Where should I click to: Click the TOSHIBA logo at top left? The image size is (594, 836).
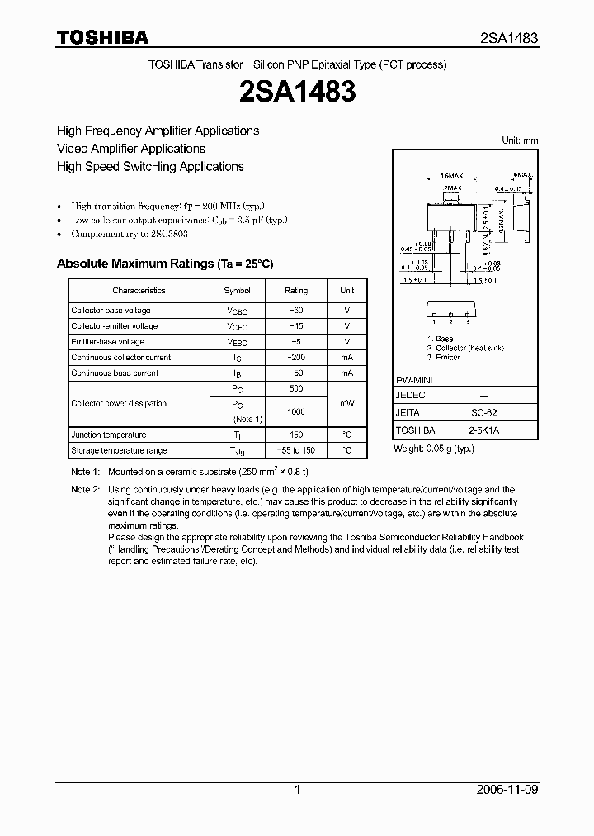(x=102, y=38)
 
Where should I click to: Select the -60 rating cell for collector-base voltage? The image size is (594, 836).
(x=296, y=311)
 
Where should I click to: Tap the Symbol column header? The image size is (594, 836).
(x=238, y=291)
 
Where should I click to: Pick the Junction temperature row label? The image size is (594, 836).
(x=109, y=435)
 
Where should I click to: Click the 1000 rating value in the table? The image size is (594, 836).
(x=296, y=411)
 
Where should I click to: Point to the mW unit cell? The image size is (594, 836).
(x=347, y=404)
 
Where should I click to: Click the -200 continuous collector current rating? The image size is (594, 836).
(x=296, y=358)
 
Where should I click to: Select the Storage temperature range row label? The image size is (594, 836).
(x=119, y=450)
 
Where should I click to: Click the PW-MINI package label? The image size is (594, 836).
(x=415, y=379)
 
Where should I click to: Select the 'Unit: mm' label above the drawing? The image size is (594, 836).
(x=520, y=140)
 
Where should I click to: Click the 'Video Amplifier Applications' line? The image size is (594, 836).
(x=131, y=149)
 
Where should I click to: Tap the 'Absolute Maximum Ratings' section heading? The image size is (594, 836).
(x=164, y=264)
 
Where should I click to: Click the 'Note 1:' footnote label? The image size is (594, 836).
(x=84, y=471)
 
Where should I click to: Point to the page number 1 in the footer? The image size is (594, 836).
(x=297, y=790)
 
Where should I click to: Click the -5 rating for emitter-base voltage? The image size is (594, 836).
(x=296, y=342)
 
